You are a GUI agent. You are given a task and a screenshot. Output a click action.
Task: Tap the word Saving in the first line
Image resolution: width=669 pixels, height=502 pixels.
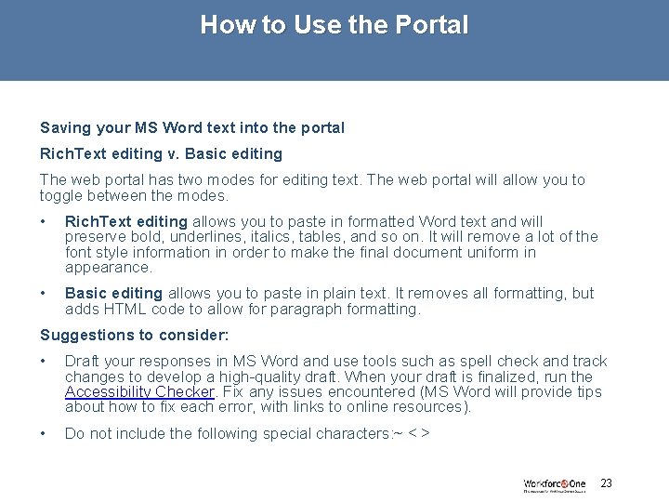(x=64, y=127)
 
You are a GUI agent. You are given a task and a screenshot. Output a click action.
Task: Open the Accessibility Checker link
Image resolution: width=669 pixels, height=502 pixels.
(x=139, y=391)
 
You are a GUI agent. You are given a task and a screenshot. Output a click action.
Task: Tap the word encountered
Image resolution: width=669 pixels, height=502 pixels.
(x=373, y=391)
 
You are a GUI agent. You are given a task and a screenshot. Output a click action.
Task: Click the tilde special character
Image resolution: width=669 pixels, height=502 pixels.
(x=396, y=433)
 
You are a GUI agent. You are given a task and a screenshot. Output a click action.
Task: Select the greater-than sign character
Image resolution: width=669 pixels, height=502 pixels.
(x=425, y=433)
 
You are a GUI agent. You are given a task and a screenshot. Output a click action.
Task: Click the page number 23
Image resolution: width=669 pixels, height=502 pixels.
(x=607, y=482)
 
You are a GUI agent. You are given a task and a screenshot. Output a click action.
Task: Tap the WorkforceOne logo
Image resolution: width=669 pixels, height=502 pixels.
(x=554, y=484)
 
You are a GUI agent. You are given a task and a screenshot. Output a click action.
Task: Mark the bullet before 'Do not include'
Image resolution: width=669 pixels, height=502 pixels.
(x=44, y=433)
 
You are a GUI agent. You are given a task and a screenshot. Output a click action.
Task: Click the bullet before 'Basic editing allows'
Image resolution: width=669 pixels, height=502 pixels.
(x=44, y=294)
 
